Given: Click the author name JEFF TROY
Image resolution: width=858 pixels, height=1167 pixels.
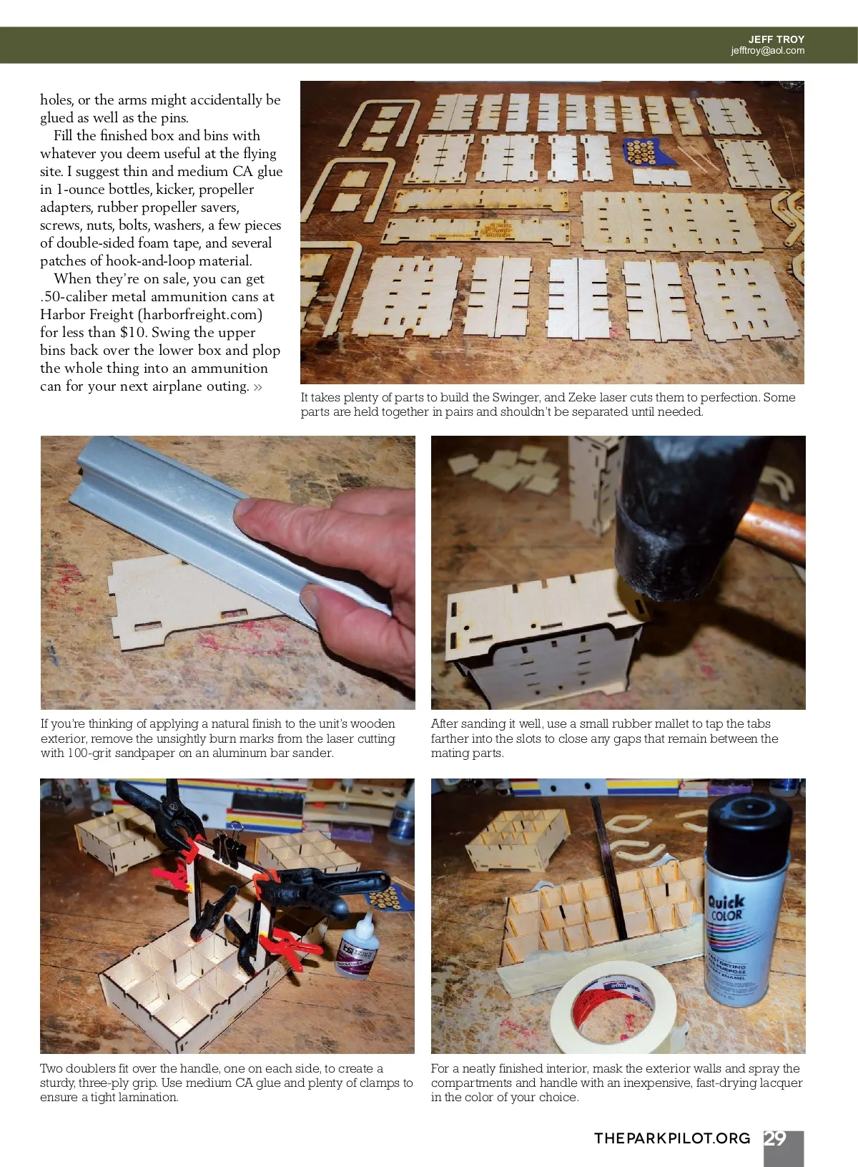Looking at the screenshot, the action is [776, 39].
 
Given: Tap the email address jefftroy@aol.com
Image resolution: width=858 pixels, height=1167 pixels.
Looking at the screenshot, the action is [767, 51].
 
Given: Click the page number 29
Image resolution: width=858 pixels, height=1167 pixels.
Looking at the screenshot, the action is [774, 1138].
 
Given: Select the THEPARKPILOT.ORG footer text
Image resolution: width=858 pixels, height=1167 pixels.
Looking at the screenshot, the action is [672, 1138].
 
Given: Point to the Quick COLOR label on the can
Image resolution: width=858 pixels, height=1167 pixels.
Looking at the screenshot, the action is [726, 909].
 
